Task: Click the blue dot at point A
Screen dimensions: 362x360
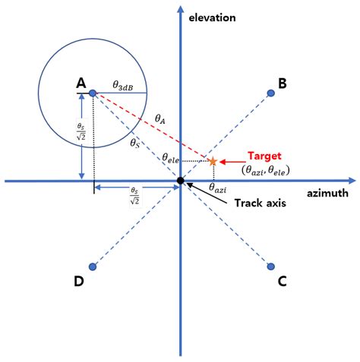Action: click(x=93, y=93)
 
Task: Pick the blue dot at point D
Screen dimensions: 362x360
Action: click(x=93, y=266)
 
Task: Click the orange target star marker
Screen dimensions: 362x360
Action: click(x=213, y=161)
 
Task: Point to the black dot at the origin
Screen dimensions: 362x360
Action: click(x=181, y=181)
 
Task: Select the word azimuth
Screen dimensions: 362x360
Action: click(x=329, y=194)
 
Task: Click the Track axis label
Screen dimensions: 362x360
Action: click(x=260, y=203)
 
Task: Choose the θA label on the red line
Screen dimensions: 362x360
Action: click(x=160, y=118)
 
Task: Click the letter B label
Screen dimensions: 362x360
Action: click(x=282, y=83)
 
